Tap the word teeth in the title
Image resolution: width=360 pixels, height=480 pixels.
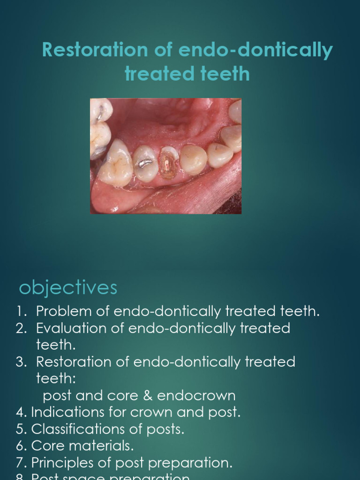pos(223,74)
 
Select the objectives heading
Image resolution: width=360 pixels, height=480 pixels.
pos(68,287)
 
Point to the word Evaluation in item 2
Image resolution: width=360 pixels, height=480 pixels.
pos(72,328)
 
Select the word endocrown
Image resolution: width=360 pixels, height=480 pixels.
pos(196,396)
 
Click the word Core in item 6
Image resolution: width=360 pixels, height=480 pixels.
pos(45,446)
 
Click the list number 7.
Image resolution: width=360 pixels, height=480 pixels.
pos(20,463)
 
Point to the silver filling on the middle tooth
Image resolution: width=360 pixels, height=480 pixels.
pos(143,163)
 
